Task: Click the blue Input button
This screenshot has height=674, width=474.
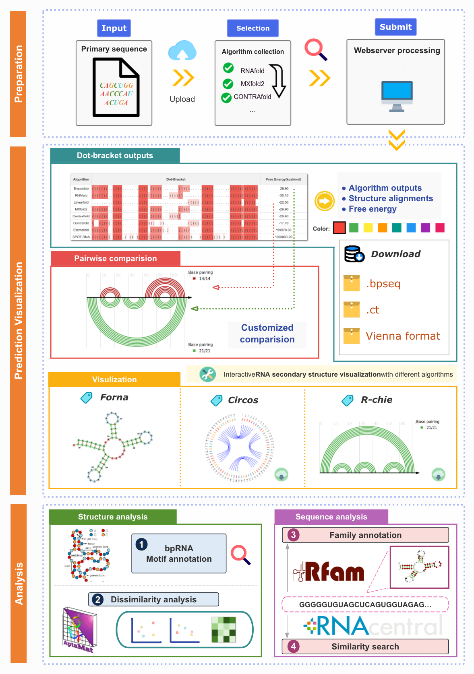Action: (114, 28)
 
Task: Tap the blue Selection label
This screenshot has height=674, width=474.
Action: (253, 28)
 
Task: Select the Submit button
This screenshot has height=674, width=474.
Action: (395, 27)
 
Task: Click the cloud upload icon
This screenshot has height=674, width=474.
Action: (182, 50)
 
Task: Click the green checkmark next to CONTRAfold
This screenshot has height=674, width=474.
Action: (226, 97)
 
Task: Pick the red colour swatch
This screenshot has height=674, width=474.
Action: (339, 228)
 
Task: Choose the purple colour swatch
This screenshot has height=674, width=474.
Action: (425, 228)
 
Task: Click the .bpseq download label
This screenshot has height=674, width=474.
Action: (383, 284)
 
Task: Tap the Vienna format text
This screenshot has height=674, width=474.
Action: (403, 336)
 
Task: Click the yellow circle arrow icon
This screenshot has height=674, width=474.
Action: (325, 201)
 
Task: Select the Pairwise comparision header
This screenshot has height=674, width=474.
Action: (116, 258)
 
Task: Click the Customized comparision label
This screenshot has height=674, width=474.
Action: (267, 334)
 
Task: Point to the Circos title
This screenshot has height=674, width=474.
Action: (243, 400)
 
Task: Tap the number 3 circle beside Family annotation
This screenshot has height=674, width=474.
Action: (293, 535)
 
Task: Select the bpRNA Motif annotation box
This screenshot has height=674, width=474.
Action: (179, 554)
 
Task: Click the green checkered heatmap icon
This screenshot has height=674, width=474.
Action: (224, 630)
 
